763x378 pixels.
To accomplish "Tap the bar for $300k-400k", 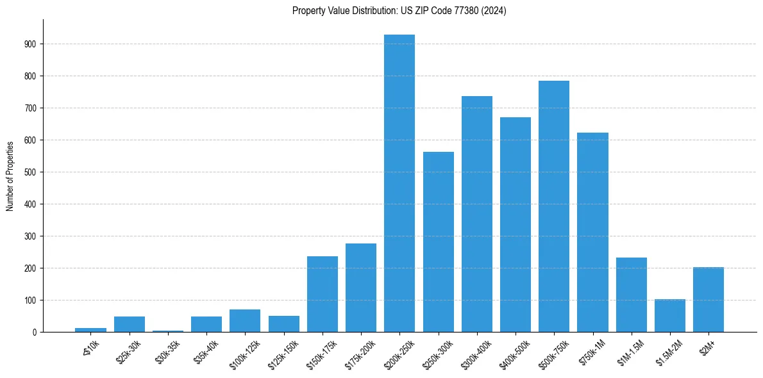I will (477, 214).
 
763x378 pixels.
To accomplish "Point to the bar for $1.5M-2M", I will (670, 316).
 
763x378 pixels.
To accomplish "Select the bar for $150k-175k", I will (323, 294).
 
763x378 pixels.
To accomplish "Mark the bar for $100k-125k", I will (245, 321).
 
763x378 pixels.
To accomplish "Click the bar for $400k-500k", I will (516, 225).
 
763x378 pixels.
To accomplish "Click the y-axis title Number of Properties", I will (10, 176).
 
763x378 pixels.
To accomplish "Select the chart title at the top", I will (399, 11).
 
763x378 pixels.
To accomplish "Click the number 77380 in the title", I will (457, 11).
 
